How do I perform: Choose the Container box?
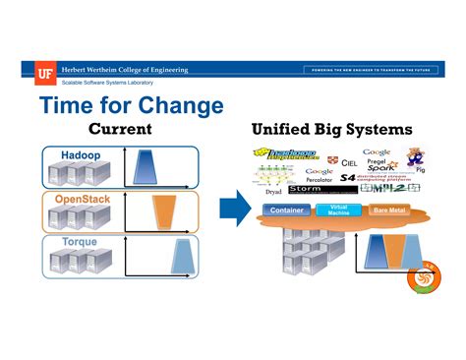point(287,210)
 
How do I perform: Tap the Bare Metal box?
point(388,210)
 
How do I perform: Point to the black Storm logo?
point(304,189)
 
